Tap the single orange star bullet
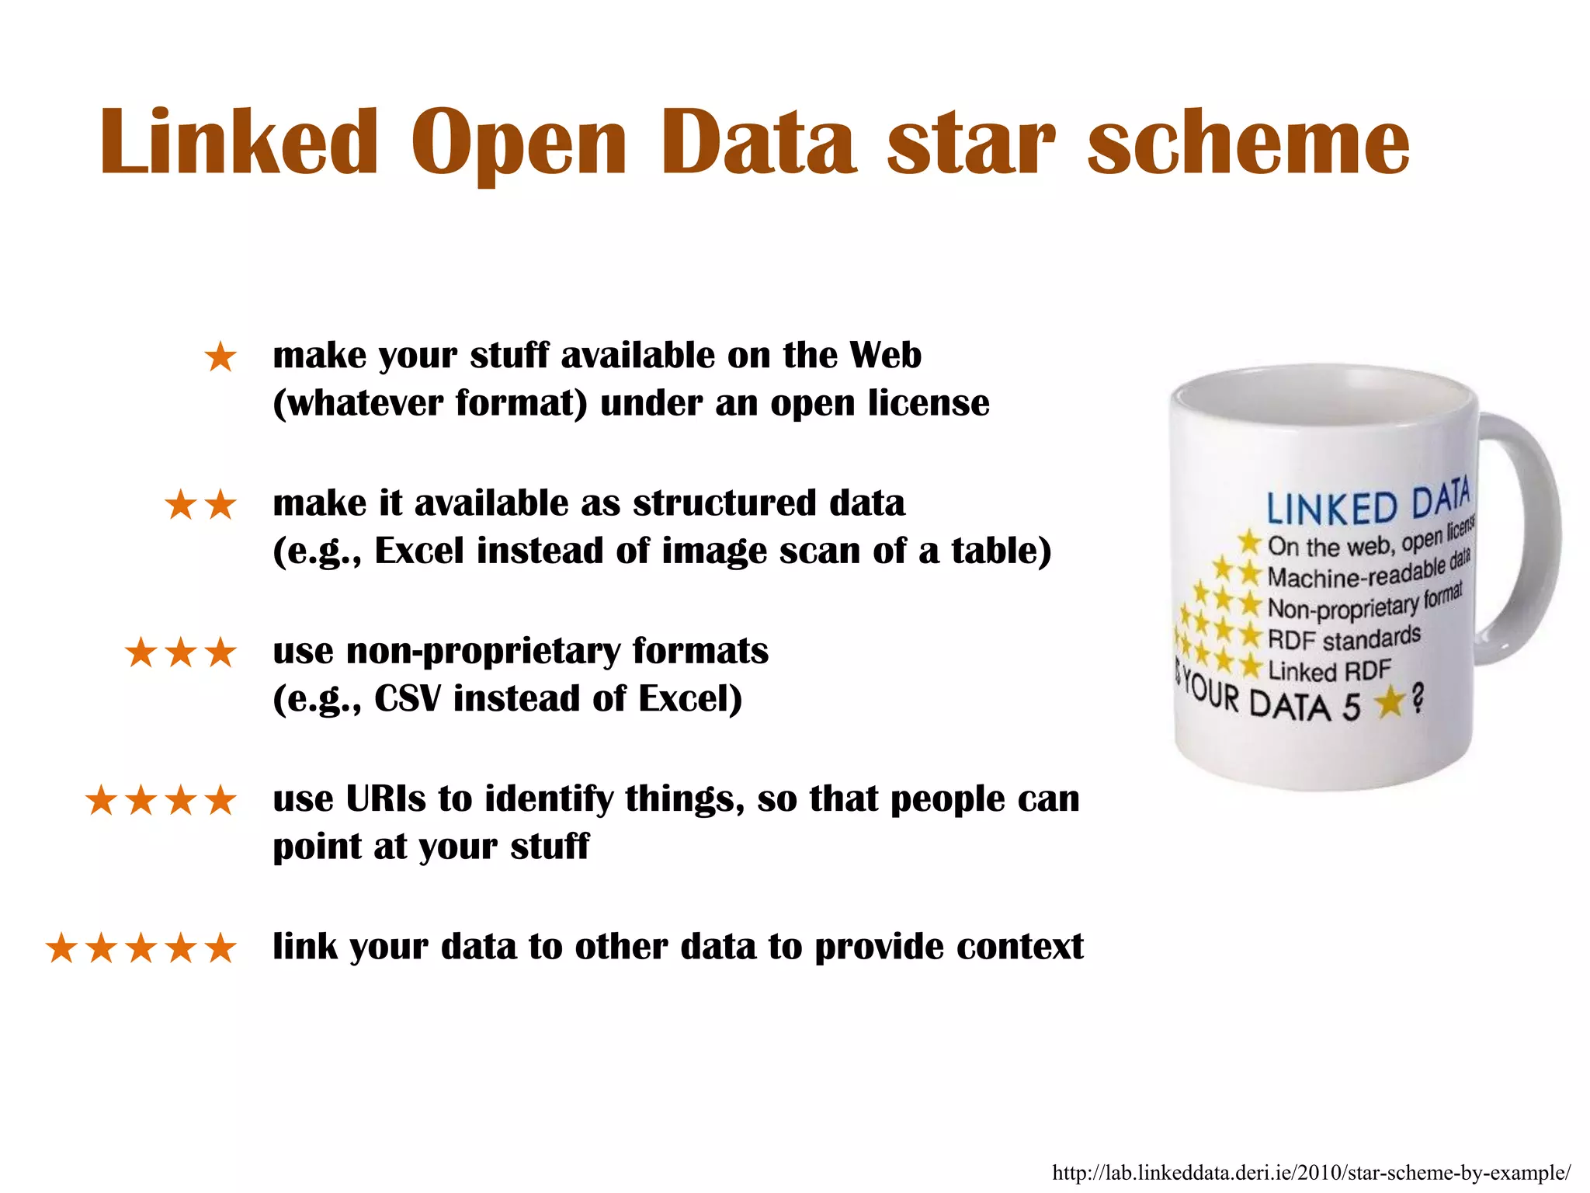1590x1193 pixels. tap(220, 358)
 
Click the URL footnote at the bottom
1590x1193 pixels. tap(1311, 1173)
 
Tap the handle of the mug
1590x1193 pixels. tap(1533, 536)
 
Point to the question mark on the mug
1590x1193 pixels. tap(1418, 700)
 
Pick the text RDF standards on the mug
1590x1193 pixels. tap(1344, 639)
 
